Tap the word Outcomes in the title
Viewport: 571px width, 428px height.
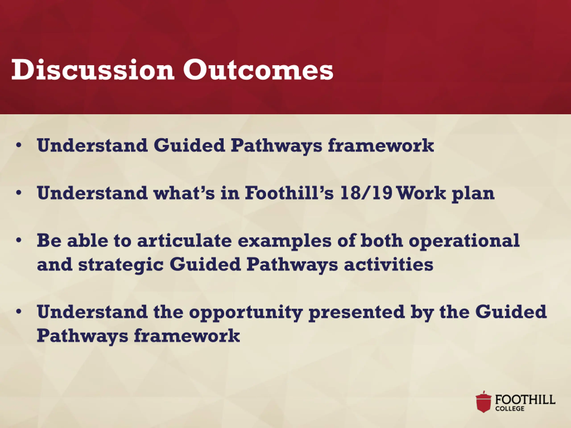pyautogui.click(x=258, y=69)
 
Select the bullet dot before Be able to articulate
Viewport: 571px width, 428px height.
pyautogui.click(x=19, y=240)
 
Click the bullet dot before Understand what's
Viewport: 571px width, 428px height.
pyautogui.click(x=19, y=193)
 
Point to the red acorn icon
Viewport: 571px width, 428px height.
pyautogui.click(x=484, y=402)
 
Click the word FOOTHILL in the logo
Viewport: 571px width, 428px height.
pyautogui.click(x=525, y=400)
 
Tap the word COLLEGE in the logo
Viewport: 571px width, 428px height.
pyautogui.click(x=510, y=409)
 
